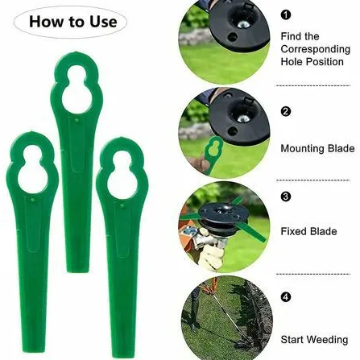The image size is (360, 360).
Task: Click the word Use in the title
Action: click(x=103, y=22)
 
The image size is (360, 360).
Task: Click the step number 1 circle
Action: click(x=286, y=14)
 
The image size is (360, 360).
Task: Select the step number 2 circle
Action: click(x=286, y=111)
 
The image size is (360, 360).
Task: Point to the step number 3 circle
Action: click(x=286, y=197)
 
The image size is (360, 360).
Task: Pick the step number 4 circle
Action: click(x=286, y=297)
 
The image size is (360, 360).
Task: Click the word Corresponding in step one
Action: click(x=316, y=49)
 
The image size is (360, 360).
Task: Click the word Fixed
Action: click(x=292, y=231)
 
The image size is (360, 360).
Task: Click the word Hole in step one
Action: click(x=292, y=62)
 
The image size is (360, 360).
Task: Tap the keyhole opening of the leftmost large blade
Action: click(x=32, y=170)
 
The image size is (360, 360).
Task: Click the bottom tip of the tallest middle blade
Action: click(x=77, y=271)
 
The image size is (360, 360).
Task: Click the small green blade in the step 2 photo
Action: click(x=213, y=153)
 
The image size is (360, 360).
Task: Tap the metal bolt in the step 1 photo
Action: click(x=243, y=24)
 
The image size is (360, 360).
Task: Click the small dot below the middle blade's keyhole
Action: click(x=77, y=120)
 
